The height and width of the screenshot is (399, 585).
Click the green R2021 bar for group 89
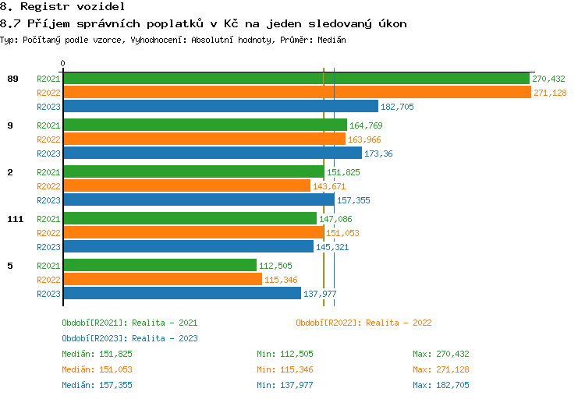[296, 79]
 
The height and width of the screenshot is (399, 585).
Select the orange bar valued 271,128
[296, 93]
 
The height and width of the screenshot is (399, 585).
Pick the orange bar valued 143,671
[186, 186]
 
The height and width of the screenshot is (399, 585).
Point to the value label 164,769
[366, 125]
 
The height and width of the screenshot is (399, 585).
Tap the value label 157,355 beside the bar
[353, 200]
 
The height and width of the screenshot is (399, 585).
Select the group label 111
[15, 219]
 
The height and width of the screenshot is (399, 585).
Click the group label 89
[12, 79]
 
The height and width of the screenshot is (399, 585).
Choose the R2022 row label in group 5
[48, 280]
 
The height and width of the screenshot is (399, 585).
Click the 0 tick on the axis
[63, 63]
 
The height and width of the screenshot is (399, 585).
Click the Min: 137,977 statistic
[285, 385]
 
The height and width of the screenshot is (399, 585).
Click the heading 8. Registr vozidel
[62, 7]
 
